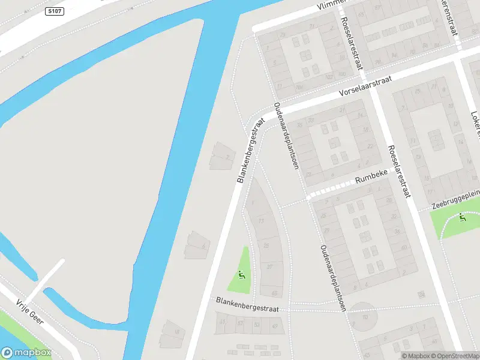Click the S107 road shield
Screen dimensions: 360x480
pyautogui.click(x=55, y=11)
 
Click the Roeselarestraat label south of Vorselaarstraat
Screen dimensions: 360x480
pyautogui.click(x=400, y=171)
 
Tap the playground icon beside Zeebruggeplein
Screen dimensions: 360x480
pyautogui.click(x=461, y=217)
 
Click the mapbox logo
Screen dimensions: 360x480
pyautogui.click(x=26, y=352)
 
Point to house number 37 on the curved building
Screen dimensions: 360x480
pyautogui.click(x=269, y=266)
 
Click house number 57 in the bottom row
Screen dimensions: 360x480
pyautogui.click(x=240, y=323)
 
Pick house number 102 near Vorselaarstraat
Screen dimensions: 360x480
pyautogui.click(x=329, y=77)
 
